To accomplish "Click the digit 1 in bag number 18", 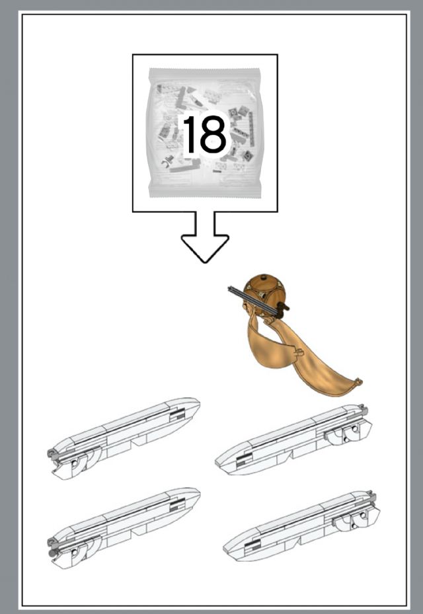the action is (191, 134).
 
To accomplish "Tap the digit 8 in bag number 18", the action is (213, 134).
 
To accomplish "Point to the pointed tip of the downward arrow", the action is (205, 262).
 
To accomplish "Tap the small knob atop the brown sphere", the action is (268, 277).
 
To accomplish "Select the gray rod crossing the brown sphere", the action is (253, 301).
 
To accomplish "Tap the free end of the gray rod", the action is (229, 289).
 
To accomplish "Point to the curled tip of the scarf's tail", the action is (357, 382).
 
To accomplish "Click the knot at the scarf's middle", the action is (299, 352).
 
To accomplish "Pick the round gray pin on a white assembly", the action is (51, 553).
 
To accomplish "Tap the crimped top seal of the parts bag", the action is (204, 72).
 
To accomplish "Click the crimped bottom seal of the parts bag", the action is (204, 192).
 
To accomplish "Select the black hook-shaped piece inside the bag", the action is (168, 161).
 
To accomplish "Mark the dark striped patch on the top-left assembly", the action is (177, 414).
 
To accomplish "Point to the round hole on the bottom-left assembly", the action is (75, 553).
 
